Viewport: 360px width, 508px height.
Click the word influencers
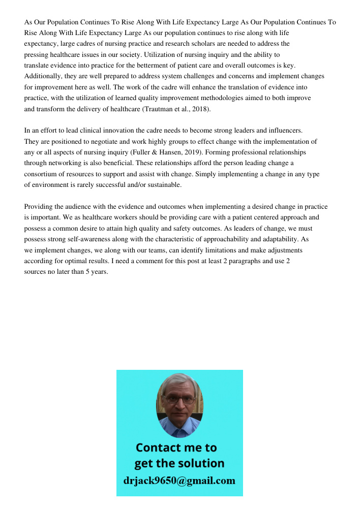coord(285,131)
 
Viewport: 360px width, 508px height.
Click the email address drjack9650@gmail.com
coord(179,481)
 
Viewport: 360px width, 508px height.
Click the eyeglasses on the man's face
coord(179,400)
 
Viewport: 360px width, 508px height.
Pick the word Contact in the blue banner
coord(159,448)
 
